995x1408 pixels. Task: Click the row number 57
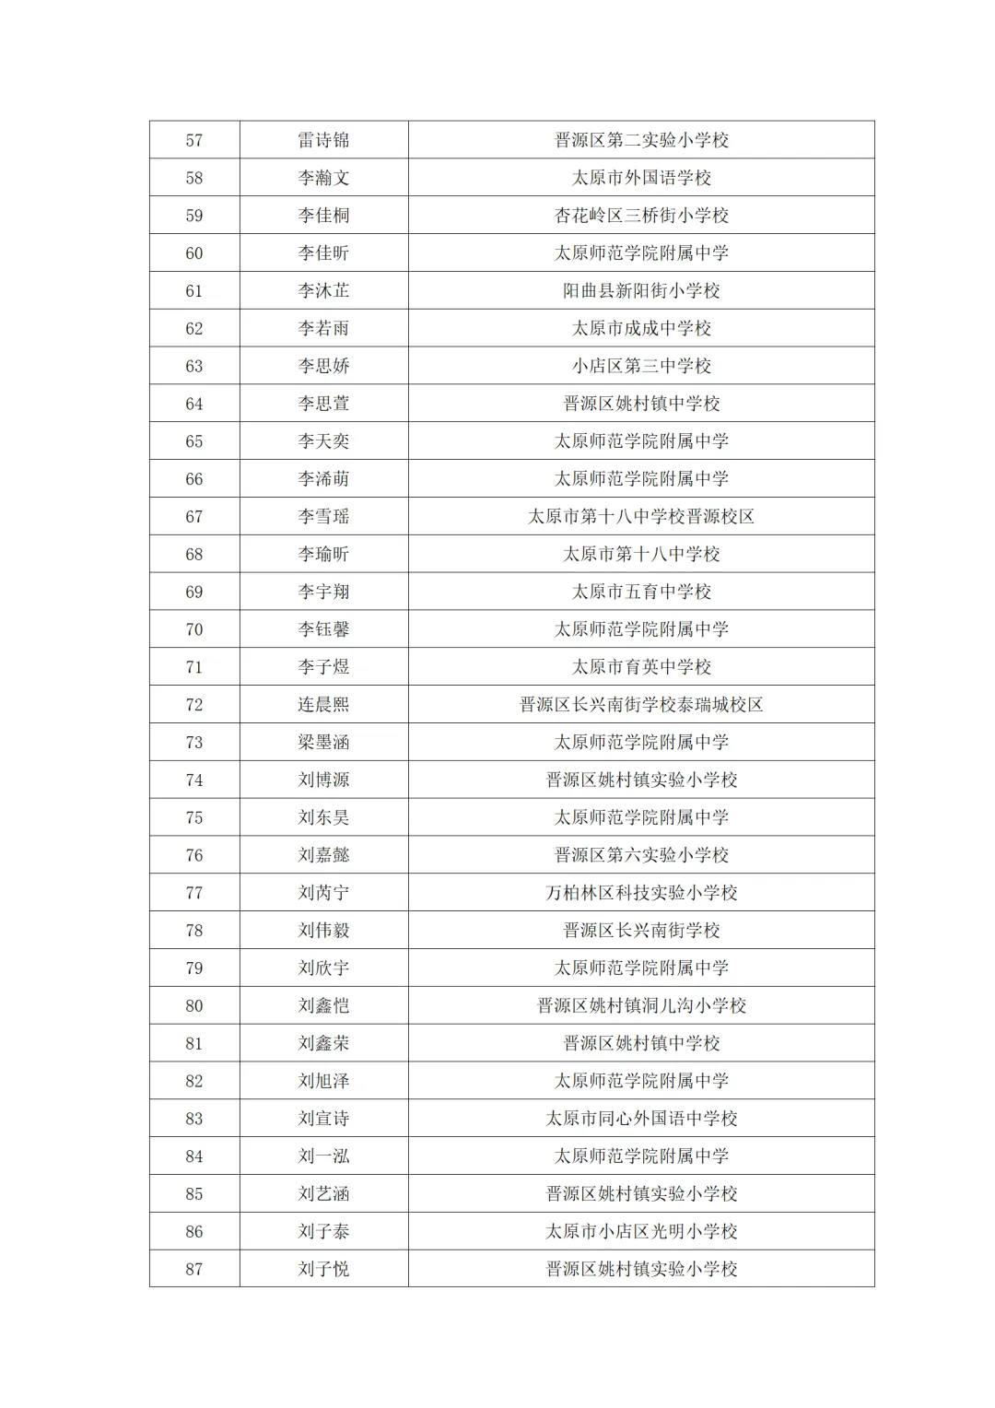(x=193, y=140)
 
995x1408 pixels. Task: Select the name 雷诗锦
(x=323, y=140)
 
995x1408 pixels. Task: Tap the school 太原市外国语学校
(x=641, y=178)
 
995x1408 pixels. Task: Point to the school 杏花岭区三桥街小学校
(x=641, y=216)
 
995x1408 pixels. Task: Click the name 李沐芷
(x=323, y=291)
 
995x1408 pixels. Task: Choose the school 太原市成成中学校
(x=641, y=329)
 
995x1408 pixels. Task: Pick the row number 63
(x=193, y=366)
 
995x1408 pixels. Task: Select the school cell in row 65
(x=641, y=441)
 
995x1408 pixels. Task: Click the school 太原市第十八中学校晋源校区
(x=641, y=517)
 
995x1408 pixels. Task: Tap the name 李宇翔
(x=323, y=592)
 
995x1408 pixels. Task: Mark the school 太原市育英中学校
(x=641, y=667)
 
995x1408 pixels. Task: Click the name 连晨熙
(x=323, y=705)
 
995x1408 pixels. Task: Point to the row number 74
(x=193, y=780)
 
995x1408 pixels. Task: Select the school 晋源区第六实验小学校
(x=641, y=855)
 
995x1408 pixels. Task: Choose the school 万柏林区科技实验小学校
(x=641, y=893)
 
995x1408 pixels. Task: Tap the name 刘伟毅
(x=323, y=931)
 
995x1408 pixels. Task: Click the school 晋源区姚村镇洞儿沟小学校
(x=641, y=1006)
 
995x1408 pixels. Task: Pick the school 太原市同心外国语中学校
(x=641, y=1119)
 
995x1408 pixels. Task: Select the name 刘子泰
(x=323, y=1232)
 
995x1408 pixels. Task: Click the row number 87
(x=193, y=1270)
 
